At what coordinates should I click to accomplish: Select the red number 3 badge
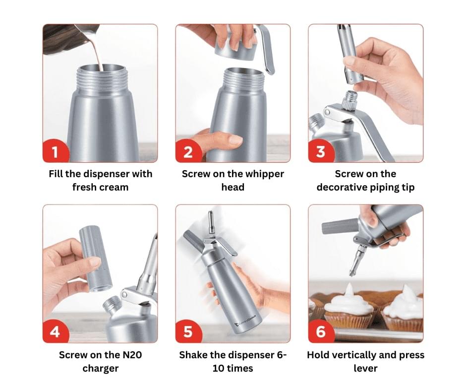pyautogui.click(x=321, y=152)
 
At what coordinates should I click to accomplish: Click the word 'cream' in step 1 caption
pyautogui.click(x=115, y=188)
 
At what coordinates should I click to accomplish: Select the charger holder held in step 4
pyautogui.click(x=95, y=259)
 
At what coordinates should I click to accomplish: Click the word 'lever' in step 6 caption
pyautogui.click(x=365, y=368)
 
